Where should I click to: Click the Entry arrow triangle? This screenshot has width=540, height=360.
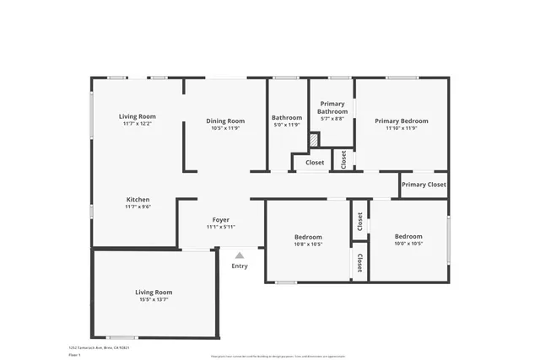coord(240,255)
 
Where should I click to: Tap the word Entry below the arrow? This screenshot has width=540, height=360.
coord(240,266)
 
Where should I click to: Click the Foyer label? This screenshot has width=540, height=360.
coord(221,219)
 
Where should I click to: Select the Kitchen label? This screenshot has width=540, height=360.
coord(138,200)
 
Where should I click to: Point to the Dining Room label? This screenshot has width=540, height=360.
coord(225,121)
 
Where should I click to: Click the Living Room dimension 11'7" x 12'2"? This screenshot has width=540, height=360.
coord(138,125)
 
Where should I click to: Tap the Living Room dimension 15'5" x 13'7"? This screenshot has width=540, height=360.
coord(154,299)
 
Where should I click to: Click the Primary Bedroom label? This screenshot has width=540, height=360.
coord(401,121)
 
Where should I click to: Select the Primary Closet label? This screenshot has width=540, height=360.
coord(424,185)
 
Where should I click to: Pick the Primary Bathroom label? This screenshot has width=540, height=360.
coord(332,107)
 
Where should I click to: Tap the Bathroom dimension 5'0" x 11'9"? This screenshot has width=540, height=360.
coord(287,126)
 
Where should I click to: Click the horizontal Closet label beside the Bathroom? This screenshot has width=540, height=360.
coord(315,163)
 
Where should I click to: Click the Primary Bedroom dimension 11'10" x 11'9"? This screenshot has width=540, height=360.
coord(401,128)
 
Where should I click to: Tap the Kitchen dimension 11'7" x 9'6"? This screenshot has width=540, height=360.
coord(138,207)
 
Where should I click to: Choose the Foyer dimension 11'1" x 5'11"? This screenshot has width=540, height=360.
coord(221,227)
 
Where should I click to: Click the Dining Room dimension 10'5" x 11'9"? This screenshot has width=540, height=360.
coord(225,128)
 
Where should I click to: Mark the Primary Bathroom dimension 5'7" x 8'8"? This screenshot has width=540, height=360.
coord(332,120)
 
